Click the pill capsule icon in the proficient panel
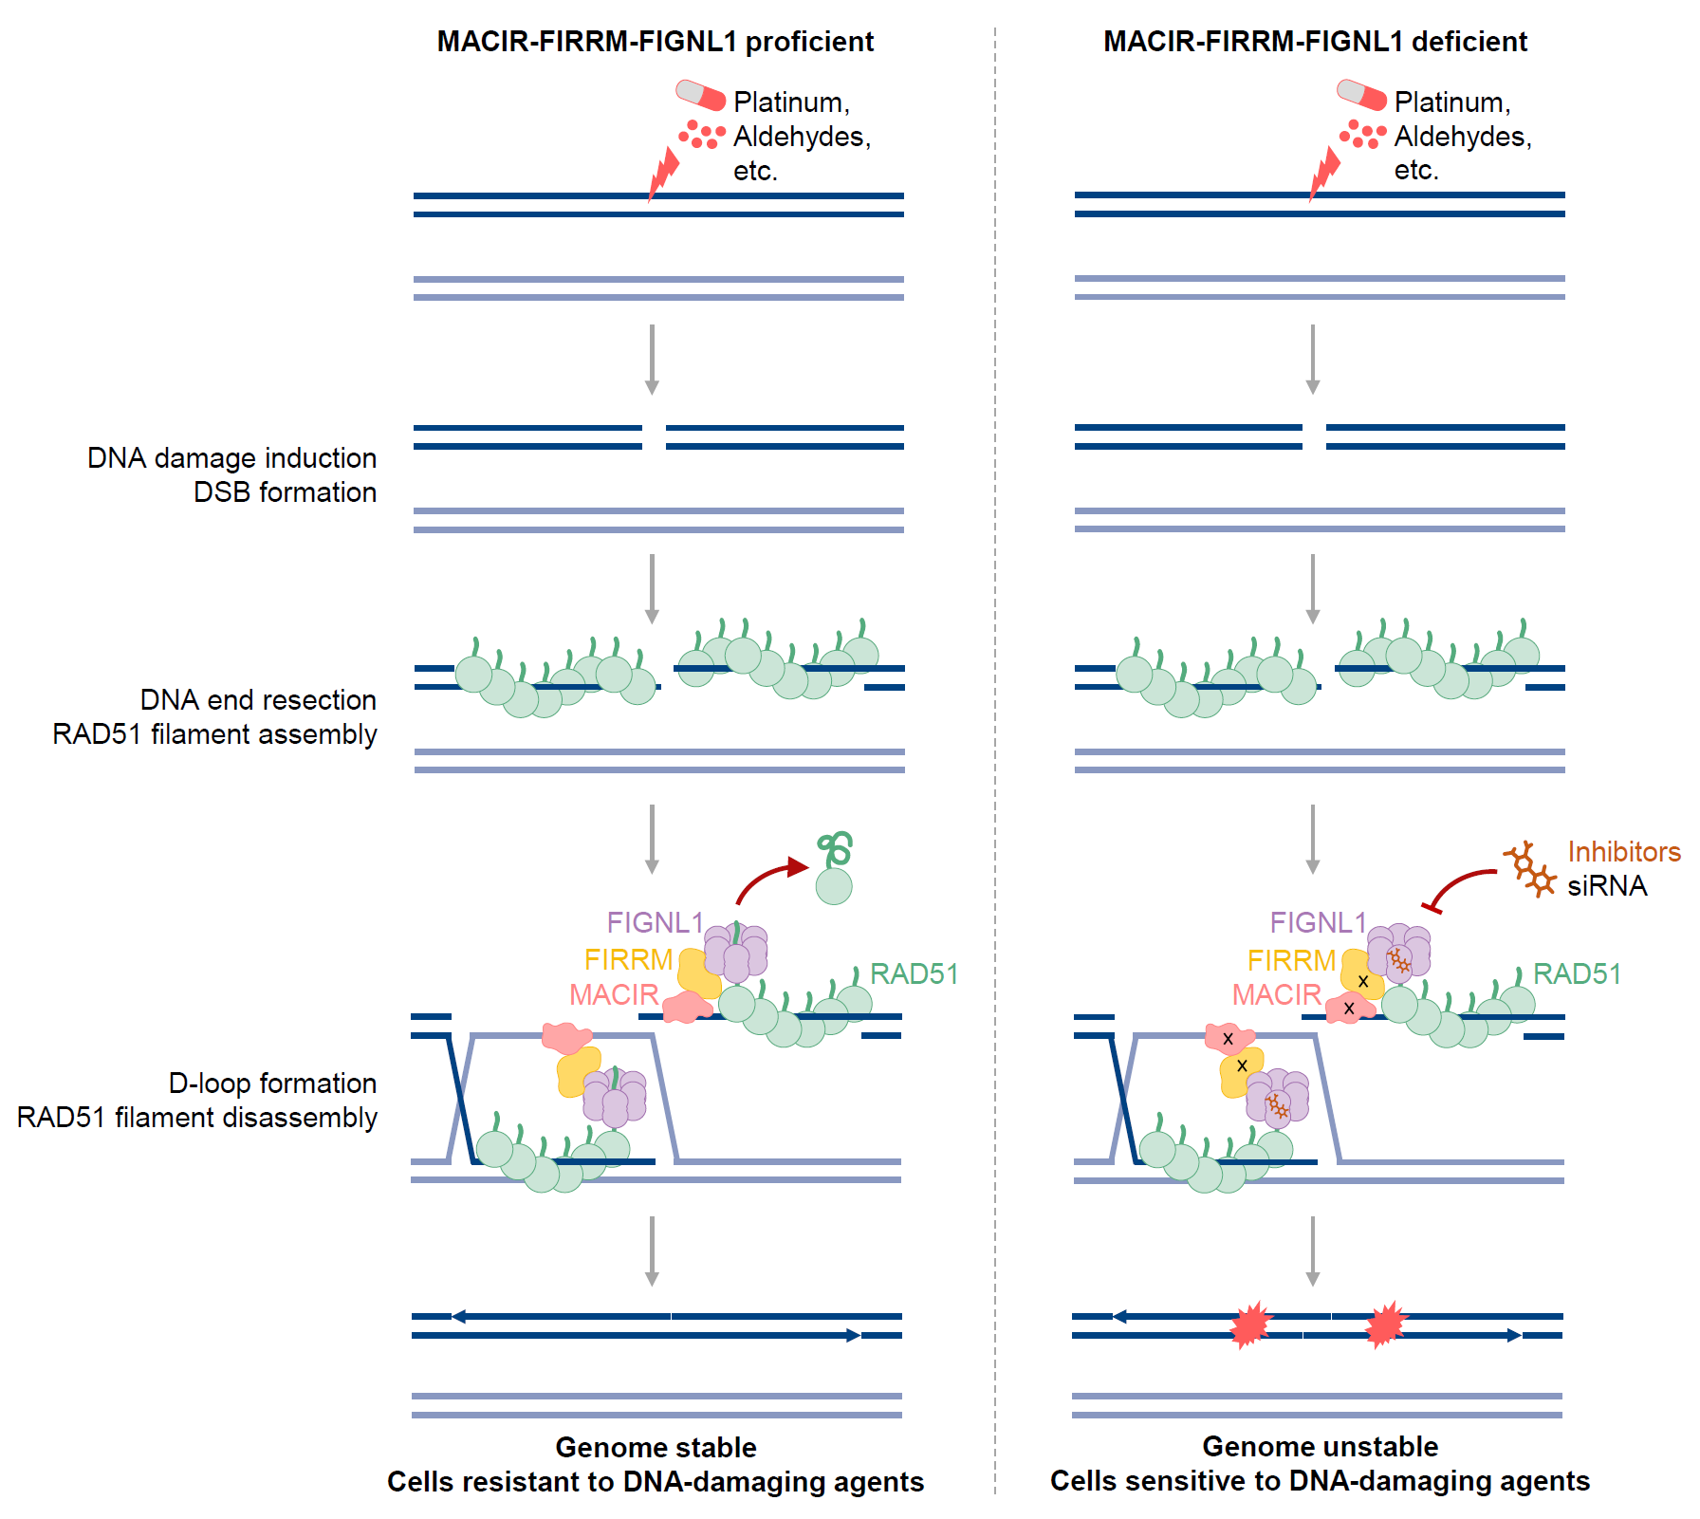click(700, 95)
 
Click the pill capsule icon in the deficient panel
click(1361, 95)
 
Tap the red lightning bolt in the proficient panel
click(663, 174)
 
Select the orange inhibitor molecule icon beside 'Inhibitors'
click(1529, 868)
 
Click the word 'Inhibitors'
click(1624, 851)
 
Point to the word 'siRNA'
click(1607, 885)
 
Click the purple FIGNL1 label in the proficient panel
click(655, 922)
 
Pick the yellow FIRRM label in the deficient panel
click(1291, 960)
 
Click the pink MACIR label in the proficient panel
click(614, 994)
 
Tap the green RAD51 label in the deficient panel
click(1577, 973)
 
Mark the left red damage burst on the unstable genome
click(1250, 1324)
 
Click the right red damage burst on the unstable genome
click(1386, 1324)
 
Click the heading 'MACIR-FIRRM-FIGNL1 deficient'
click(1315, 42)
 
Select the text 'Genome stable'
click(656, 1447)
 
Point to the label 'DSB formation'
click(285, 491)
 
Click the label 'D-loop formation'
click(272, 1083)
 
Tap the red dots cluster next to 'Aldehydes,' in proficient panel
click(702, 135)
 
